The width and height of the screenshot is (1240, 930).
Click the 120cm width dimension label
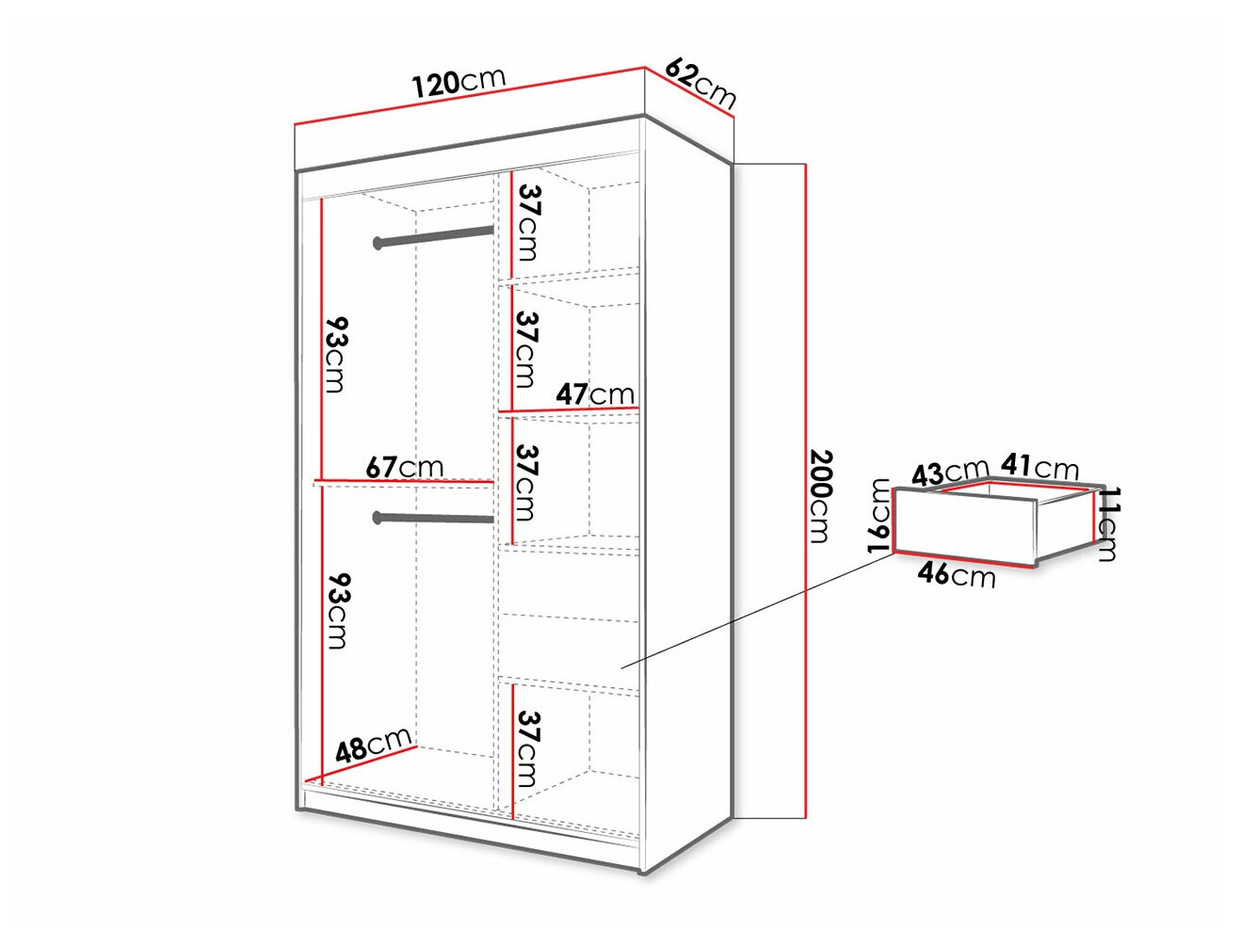pyautogui.click(x=459, y=82)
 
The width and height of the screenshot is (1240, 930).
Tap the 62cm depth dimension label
pyautogui.click(x=701, y=82)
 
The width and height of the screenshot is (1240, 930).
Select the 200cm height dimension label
pyautogui.click(x=821, y=496)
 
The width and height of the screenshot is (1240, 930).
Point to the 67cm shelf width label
pyautogui.click(x=404, y=466)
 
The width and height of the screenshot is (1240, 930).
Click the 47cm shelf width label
pyautogui.click(x=594, y=393)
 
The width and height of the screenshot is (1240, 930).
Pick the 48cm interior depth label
pyautogui.click(x=374, y=745)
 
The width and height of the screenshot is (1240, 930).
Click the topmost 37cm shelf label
pyautogui.click(x=527, y=222)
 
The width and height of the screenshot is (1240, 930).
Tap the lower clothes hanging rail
pyautogui.click(x=435, y=518)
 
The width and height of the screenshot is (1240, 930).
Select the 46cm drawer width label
pyautogui.click(x=957, y=573)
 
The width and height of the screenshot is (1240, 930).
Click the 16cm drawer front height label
pyautogui.click(x=879, y=514)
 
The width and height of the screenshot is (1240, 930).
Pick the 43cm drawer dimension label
pyautogui.click(x=949, y=472)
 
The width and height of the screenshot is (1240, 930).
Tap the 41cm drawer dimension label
pyautogui.click(x=1039, y=466)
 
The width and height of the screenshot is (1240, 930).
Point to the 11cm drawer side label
pyautogui.click(x=1108, y=524)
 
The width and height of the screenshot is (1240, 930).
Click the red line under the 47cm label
pyautogui.click(x=571, y=409)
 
